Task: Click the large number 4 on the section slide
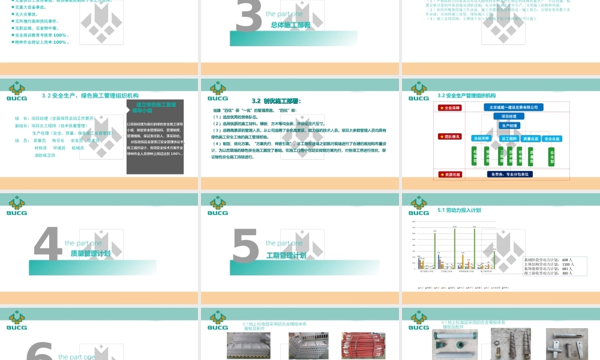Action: (x=48, y=245)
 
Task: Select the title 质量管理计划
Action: (x=91, y=254)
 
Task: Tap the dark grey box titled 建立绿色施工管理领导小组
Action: (x=155, y=138)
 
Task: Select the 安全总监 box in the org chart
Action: (x=552, y=139)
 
